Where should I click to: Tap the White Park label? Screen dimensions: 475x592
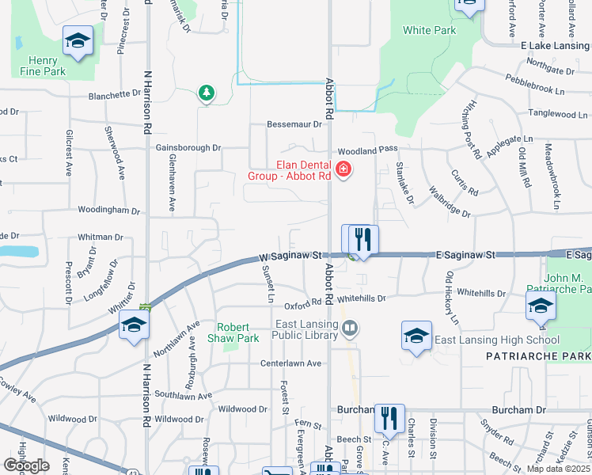429,30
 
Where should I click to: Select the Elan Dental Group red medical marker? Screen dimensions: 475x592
343,169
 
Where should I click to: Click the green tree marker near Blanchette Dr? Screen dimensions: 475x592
207,94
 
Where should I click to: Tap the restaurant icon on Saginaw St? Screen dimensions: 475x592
363,239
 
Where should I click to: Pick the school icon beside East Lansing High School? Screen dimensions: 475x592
416,336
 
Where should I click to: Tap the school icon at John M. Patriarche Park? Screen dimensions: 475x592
541,306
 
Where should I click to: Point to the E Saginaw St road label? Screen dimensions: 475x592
465,255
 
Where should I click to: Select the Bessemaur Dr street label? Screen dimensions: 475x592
295,124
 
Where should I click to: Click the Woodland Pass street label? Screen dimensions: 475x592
367,150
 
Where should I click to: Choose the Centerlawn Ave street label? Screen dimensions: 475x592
291,363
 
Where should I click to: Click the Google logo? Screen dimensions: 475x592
26,465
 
